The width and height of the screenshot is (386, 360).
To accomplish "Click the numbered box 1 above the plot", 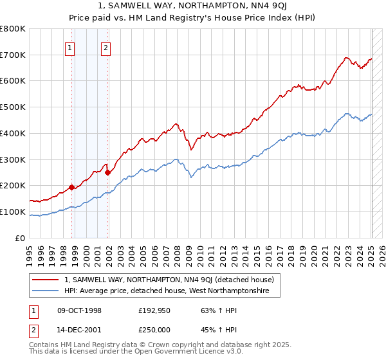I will pyautogui.click(x=69, y=47).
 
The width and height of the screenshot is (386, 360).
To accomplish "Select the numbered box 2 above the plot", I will pyautogui.click(x=106, y=47).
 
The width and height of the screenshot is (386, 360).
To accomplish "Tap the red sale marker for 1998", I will pyautogui.click(x=72, y=187).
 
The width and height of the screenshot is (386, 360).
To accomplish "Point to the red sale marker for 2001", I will pyautogui.click(x=107, y=172).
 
